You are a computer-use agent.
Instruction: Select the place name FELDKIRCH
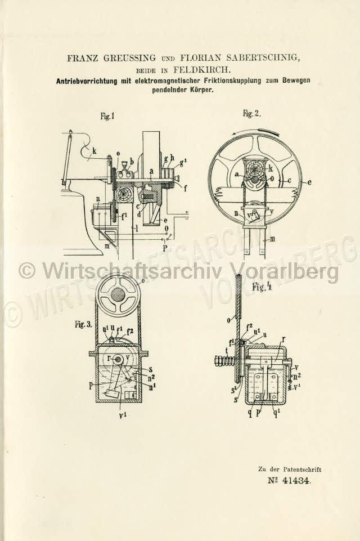point(201,70)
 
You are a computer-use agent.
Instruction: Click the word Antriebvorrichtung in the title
point(87,82)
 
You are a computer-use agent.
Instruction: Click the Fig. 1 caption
point(107,117)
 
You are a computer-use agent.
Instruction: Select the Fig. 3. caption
point(83,324)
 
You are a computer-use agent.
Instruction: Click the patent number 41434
point(296,481)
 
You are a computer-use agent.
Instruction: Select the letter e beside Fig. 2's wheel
point(309,182)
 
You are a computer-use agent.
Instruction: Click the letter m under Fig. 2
point(272,239)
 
